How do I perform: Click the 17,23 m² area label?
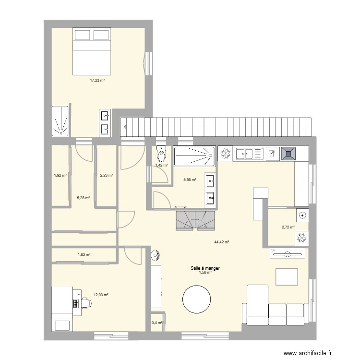pos(97,81)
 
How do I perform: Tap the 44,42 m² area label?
pos(222,242)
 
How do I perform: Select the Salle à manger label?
pos(205,269)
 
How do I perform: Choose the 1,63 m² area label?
pos(84,255)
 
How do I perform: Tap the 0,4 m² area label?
pos(157,323)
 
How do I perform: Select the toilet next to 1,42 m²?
pos(161,154)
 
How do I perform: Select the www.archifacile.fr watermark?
pos(307,354)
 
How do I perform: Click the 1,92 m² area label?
pos(60,175)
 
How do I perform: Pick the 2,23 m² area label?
pos(106,175)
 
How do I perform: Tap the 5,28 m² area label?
pos(84,197)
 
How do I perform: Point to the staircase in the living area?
pos(195,220)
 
